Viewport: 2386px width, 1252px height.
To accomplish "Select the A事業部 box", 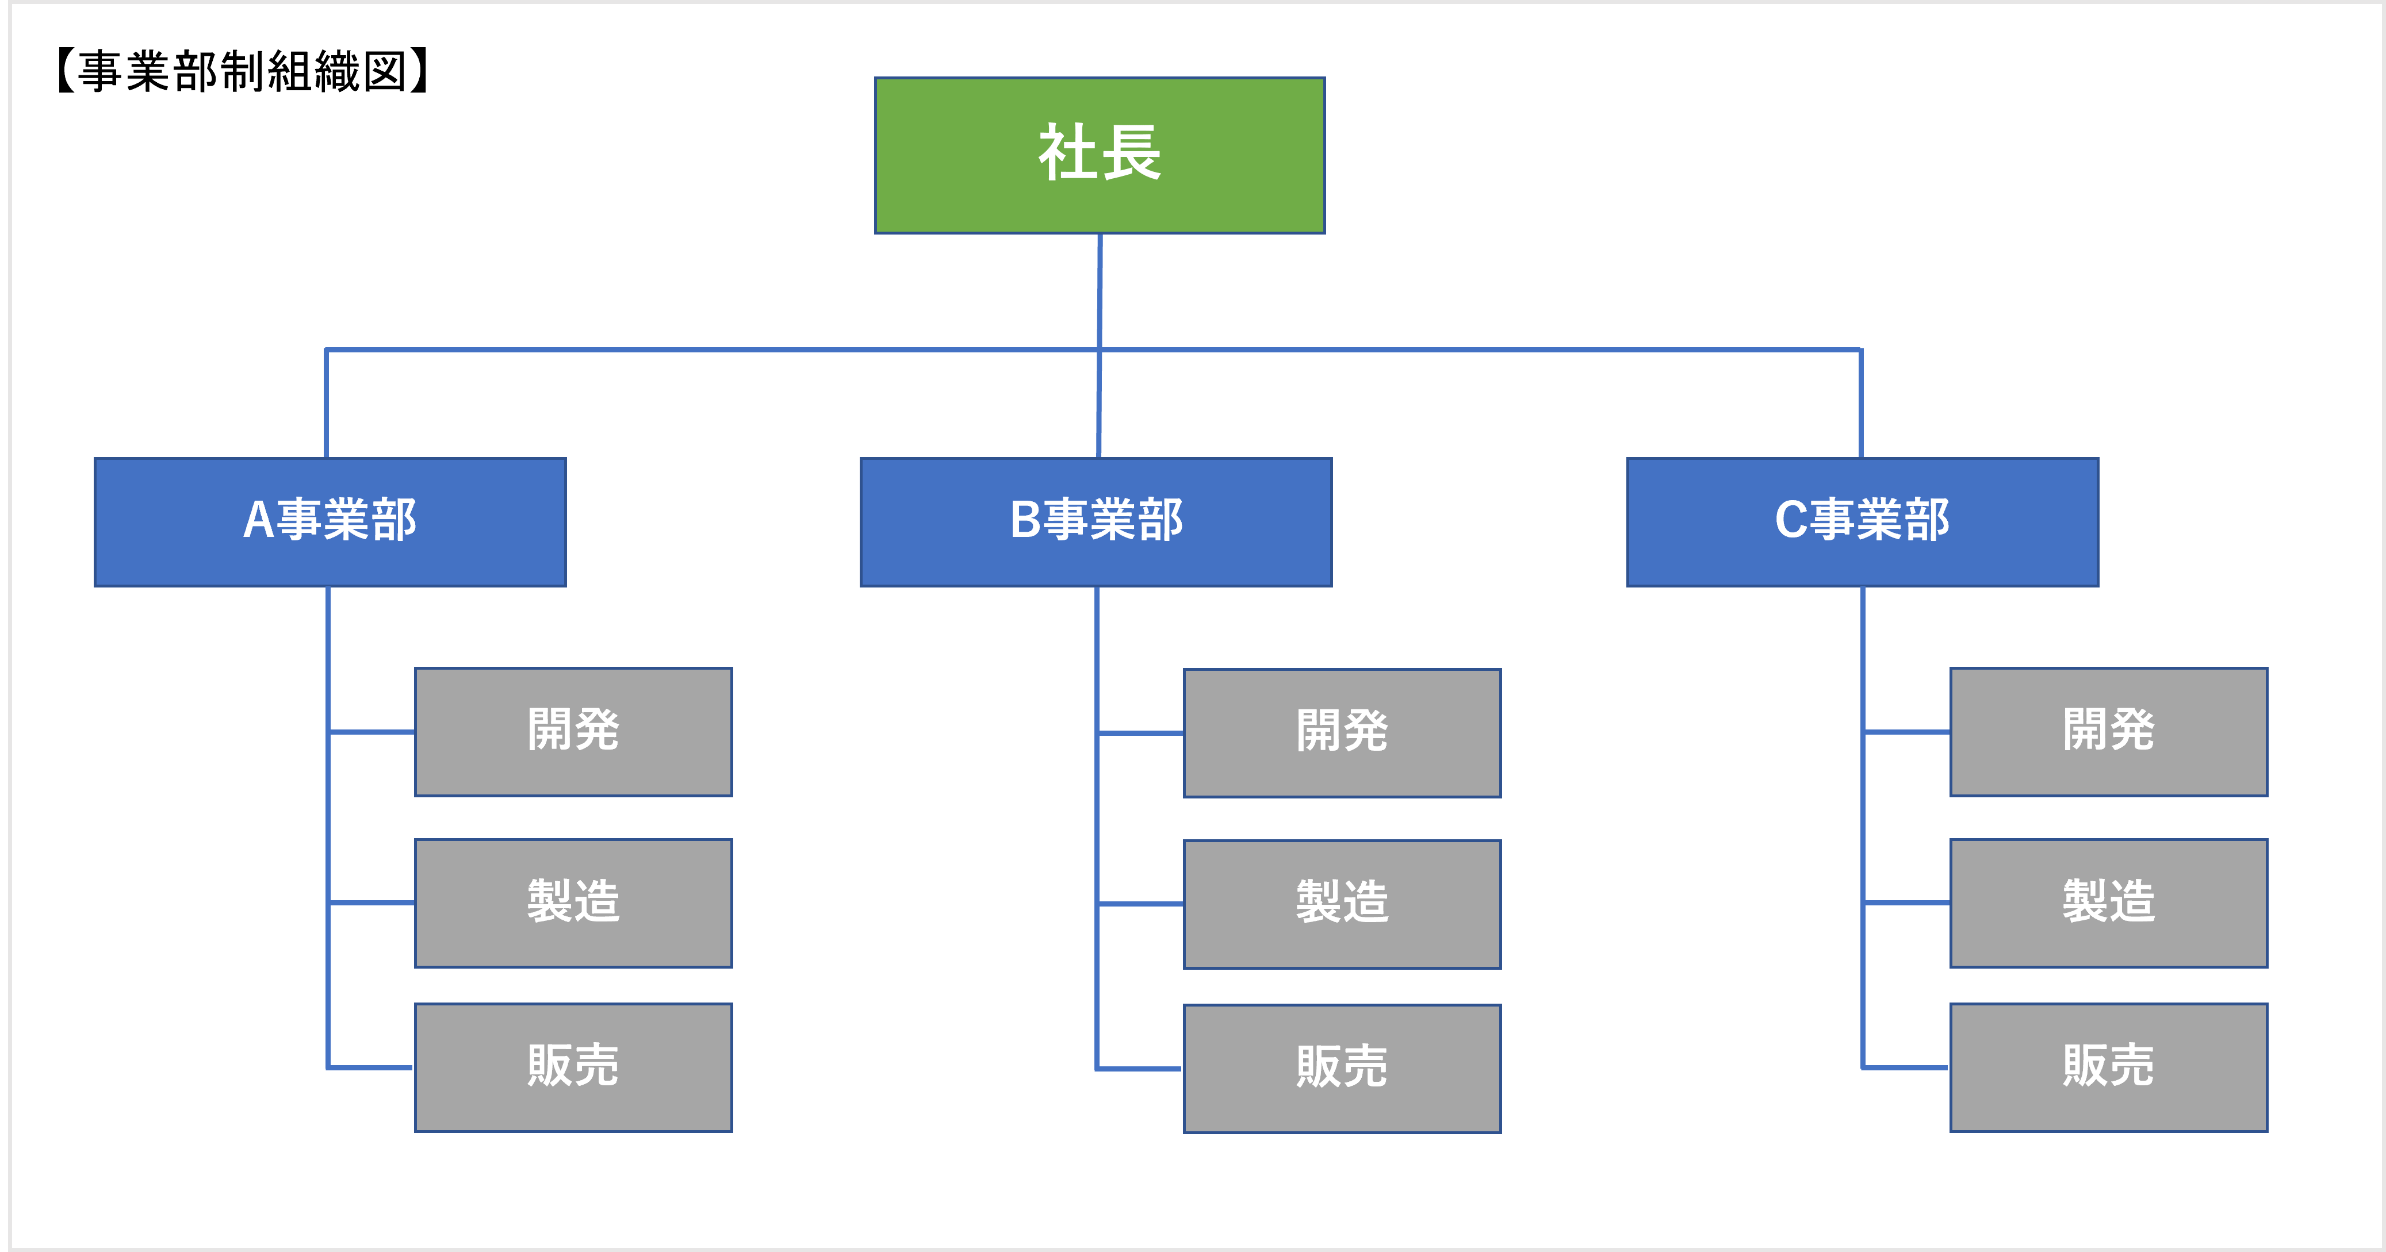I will [x=330, y=521].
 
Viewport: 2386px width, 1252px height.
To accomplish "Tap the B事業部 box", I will [x=1096, y=521].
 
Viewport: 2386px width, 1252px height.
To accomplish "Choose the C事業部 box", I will [x=1862, y=521].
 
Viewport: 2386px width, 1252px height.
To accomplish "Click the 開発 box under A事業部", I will [x=573, y=732].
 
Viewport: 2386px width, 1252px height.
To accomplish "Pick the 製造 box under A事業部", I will [x=573, y=903].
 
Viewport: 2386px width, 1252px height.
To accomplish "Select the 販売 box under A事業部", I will [x=573, y=1067].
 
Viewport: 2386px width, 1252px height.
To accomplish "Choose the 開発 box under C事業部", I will [x=2108, y=732].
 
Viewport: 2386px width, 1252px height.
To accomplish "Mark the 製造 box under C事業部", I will [x=2108, y=903].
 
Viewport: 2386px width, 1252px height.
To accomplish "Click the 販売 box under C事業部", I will [x=2108, y=1067].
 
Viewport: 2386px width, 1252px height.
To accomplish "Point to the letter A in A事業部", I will [x=258, y=520].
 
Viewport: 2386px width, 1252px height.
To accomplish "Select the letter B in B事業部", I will [x=1025, y=520].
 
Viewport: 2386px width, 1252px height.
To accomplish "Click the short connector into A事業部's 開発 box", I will [x=372, y=732].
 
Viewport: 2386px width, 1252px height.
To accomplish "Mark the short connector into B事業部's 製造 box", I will [x=1140, y=903].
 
